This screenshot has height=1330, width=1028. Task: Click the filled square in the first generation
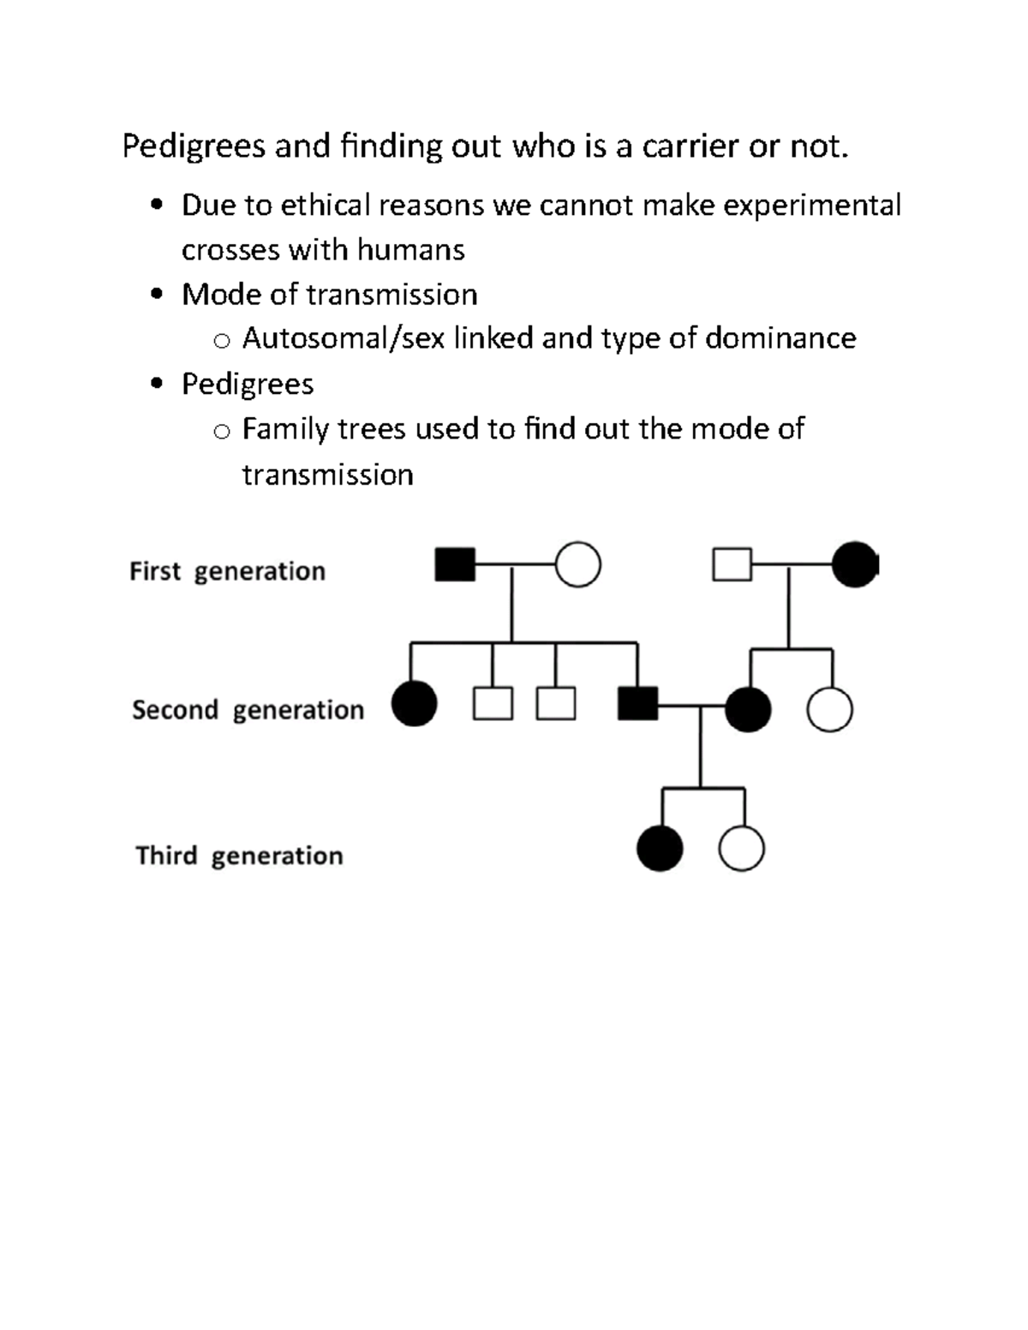click(455, 565)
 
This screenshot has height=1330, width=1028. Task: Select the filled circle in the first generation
click(854, 565)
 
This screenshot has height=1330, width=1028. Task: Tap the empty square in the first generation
click(732, 565)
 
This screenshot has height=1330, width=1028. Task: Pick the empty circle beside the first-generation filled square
click(578, 565)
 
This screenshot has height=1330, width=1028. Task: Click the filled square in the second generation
click(638, 704)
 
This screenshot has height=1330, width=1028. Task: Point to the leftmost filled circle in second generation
click(414, 704)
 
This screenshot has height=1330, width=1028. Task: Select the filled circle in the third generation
click(660, 849)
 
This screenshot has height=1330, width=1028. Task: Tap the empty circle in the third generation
click(741, 849)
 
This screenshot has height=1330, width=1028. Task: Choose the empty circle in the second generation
click(829, 709)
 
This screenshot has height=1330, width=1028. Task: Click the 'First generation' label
click(227, 571)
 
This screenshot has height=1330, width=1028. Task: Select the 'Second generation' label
click(248, 710)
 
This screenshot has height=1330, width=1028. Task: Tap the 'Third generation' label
click(239, 856)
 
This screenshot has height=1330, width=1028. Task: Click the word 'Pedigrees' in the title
click(194, 146)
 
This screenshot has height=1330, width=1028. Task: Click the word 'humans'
click(410, 250)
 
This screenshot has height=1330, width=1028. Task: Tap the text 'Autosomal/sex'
click(344, 338)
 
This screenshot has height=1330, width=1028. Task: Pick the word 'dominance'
click(780, 338)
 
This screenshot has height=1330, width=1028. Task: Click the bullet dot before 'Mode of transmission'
click(156, 295)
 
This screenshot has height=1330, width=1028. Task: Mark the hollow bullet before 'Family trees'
click(222, 432)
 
